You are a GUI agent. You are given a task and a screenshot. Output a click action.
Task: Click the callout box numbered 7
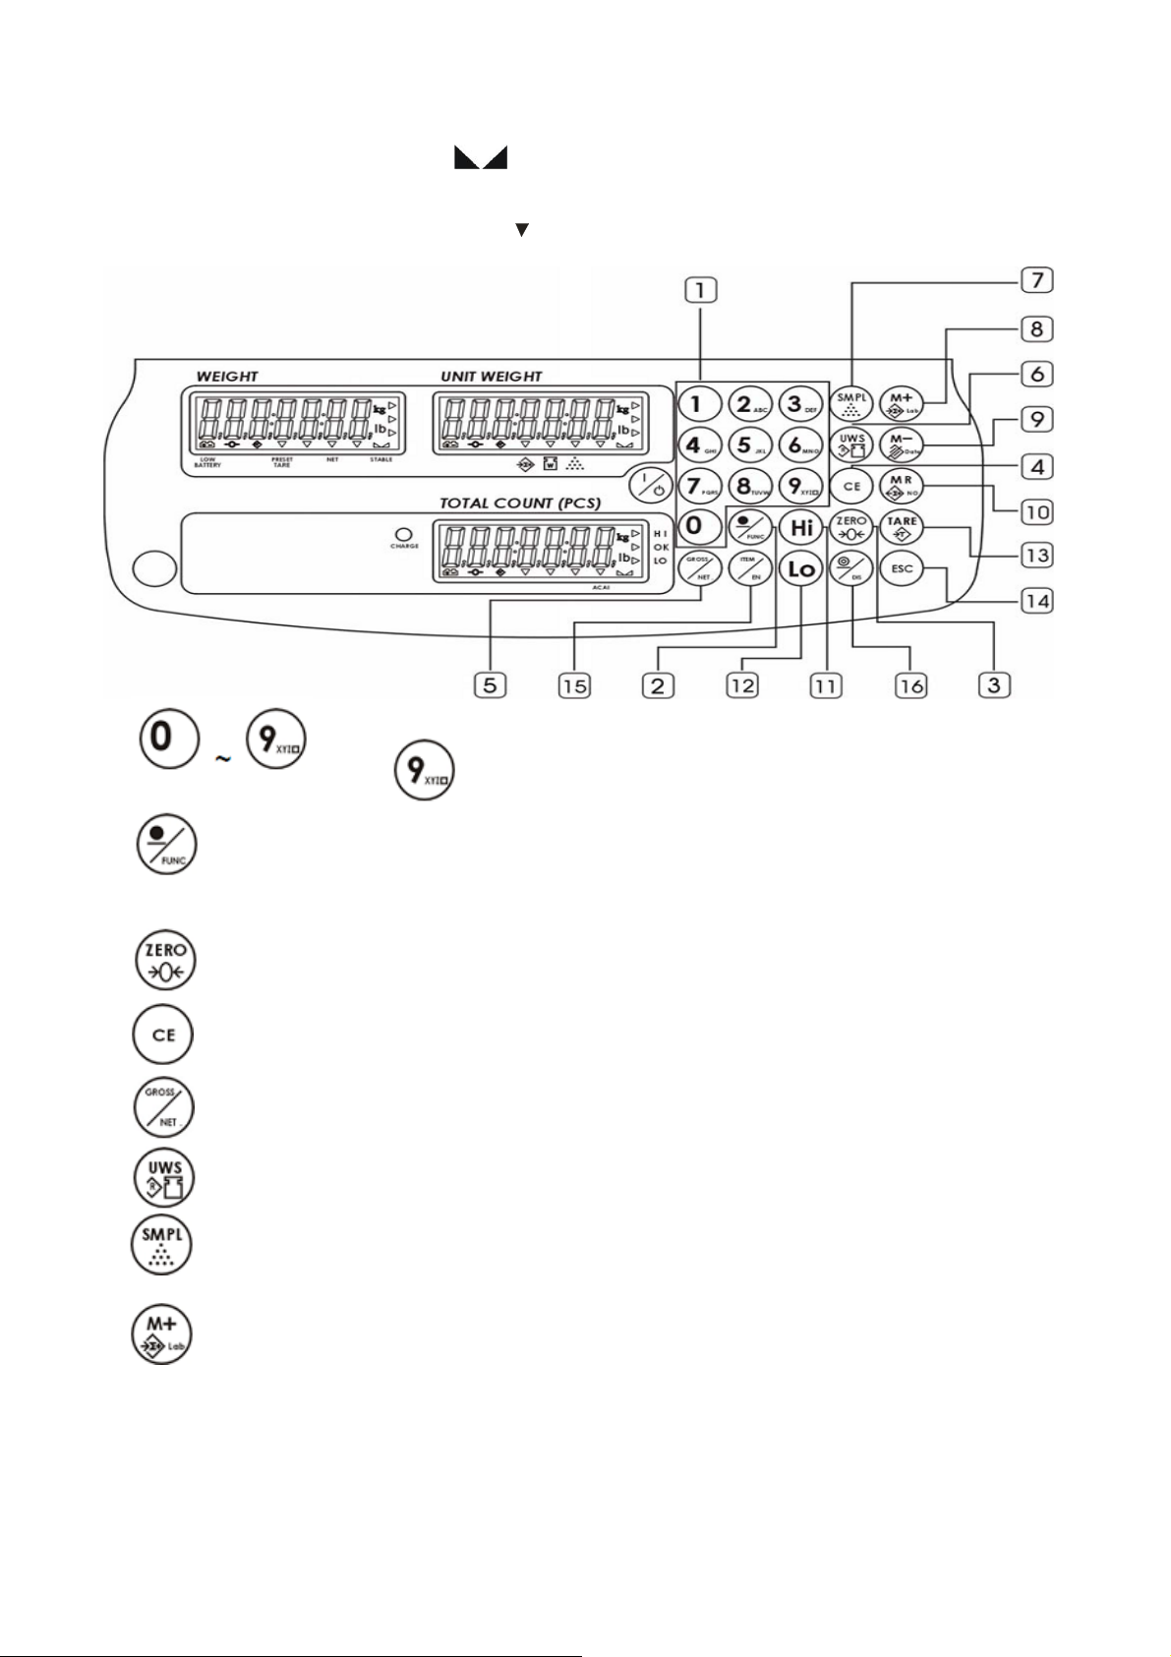pos(1036,280)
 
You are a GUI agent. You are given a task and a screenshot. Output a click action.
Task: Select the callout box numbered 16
pos(910,685)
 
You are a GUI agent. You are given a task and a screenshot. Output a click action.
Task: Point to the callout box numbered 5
pos(489,685)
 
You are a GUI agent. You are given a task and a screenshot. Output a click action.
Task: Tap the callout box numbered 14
pos(1036,599)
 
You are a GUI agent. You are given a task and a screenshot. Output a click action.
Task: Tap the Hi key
pos(802,528)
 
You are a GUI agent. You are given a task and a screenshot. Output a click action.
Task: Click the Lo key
pos(801,568)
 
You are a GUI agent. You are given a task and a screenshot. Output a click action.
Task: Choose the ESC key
pos(902,568)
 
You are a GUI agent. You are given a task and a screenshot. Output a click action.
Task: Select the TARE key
pos(902,527)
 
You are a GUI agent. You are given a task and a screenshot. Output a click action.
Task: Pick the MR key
pos(902,485)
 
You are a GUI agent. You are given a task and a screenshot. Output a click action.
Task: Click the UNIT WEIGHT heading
pos(491,376)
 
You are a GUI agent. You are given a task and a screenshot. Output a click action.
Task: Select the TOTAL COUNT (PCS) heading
pos(519,503)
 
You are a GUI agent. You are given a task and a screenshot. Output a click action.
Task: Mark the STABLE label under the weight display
pos(381,459)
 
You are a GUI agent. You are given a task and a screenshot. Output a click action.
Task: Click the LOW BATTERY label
pos(207,462)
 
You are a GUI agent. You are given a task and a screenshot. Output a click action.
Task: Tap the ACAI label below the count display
pos(602,586)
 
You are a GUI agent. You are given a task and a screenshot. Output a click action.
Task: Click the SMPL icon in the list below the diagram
pos(162,1245)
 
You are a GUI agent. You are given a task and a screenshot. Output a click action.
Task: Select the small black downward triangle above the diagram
pos(522,229)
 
